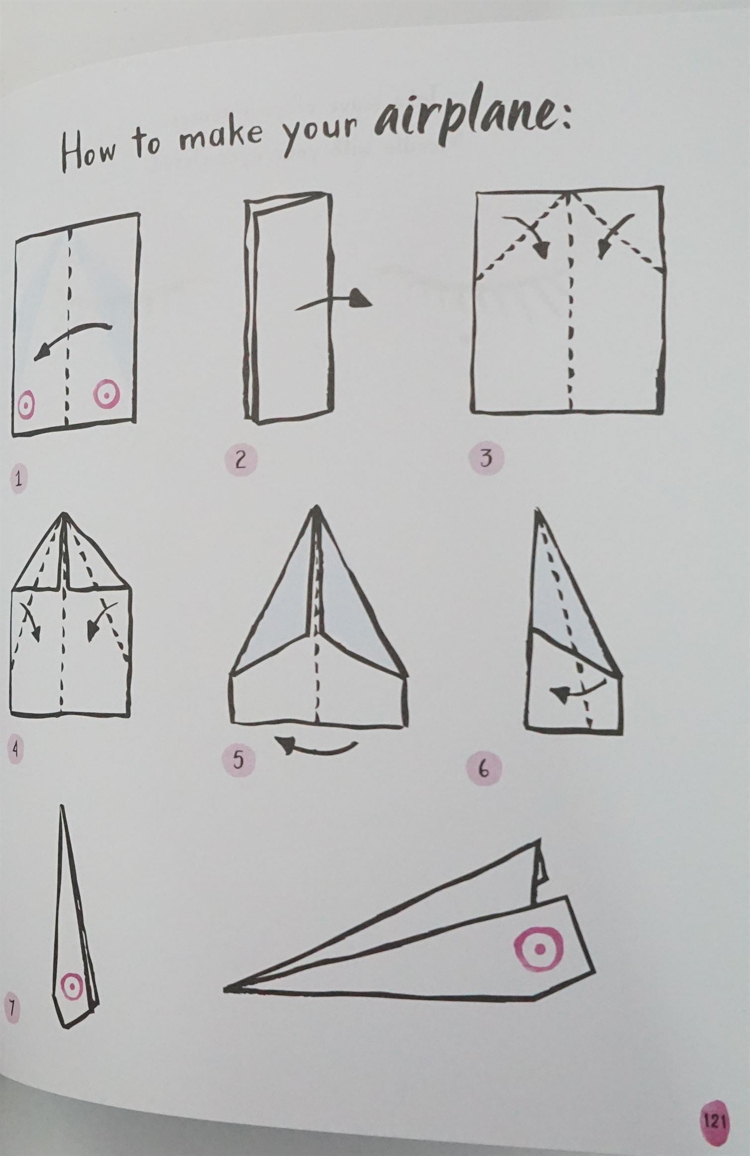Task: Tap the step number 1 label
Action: click(19, 481)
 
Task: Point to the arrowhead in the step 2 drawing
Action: click(361, 298)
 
